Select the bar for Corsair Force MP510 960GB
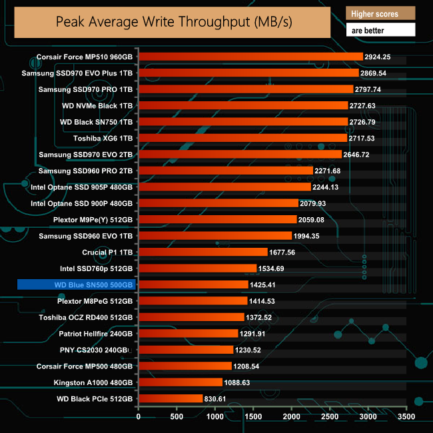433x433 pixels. coord(250,57)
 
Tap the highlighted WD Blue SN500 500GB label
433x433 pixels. coord(77,285)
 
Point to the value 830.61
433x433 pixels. coord(220,399)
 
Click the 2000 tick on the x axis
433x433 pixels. coord(292,417)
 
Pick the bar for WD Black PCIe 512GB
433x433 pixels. coord(170,399)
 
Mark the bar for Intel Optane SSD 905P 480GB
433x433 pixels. coord(224,187)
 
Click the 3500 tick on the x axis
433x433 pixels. coord(406,417)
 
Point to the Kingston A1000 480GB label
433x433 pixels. coord(93,382)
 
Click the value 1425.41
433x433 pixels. coord(265,285)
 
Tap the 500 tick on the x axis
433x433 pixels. coord(177,417)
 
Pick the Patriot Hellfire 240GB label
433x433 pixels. coord(96,334)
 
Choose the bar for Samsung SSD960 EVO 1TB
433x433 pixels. coord(215,236)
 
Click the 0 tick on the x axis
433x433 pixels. coord(139,417)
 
